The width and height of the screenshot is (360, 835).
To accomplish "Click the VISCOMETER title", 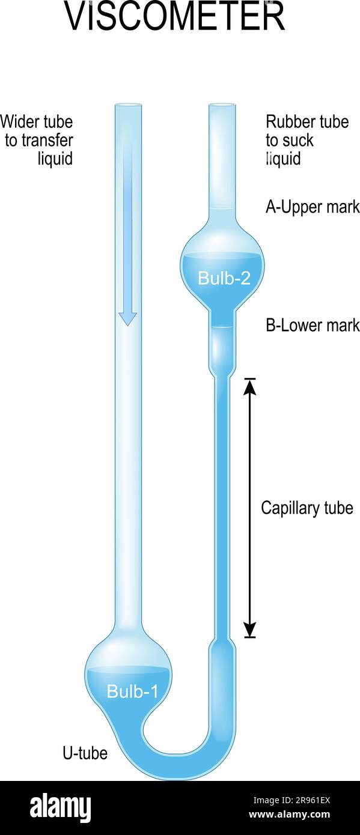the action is (175, 16).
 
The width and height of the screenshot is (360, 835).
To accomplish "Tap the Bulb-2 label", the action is (224, 278).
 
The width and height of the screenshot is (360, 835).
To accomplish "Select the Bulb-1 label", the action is (132, 691).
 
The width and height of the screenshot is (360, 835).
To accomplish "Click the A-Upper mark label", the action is (313, 207).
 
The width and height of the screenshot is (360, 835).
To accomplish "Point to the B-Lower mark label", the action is (313, 325).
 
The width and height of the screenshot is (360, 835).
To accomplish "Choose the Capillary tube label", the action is (307, 508).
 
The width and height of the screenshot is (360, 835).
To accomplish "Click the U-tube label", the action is (85, 753).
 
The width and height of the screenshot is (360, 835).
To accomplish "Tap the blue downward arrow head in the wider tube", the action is (127, 319).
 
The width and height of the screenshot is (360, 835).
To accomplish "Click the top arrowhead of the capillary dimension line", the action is (249, 386).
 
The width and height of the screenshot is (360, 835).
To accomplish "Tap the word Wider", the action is (19, 122).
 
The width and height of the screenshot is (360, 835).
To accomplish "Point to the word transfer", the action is (47, 141).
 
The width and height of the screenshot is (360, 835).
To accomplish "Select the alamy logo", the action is (61, 807).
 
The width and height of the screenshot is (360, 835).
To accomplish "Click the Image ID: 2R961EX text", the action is (291, 800).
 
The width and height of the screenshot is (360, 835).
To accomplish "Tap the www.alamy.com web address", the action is (290, 814).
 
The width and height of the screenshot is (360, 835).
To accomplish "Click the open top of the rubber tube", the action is (222, 105).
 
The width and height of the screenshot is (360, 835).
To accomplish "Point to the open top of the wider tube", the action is (129, 105).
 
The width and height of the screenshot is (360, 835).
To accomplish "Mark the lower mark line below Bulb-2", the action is (222, 327).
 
